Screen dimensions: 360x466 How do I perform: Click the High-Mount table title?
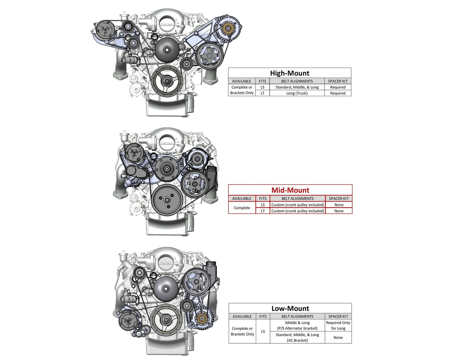point(289,73)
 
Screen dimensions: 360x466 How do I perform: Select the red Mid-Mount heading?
point(290,190)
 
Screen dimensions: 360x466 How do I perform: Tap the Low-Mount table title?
point(290,308)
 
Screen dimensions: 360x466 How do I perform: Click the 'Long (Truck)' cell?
point(297,93)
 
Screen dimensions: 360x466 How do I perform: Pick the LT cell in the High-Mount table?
point(262,93)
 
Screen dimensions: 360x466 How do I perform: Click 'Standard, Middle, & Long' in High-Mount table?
point(297,87)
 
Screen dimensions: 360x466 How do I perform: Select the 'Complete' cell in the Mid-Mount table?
point(242,208)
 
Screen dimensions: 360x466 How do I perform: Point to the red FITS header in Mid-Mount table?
point(263,199)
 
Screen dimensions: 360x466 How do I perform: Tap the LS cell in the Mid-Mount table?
point(263,205)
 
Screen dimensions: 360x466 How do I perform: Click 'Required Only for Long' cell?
point(338,325)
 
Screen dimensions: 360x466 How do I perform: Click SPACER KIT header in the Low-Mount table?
point(338,316)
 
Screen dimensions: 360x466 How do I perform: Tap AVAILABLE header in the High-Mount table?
point(242,81)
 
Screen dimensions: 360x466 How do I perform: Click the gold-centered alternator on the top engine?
point(228,28)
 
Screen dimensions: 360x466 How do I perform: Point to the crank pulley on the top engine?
point(167,80)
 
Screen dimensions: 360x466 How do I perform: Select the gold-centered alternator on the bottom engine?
point(201,318)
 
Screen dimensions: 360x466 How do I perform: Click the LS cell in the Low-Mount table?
point(263,331)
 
